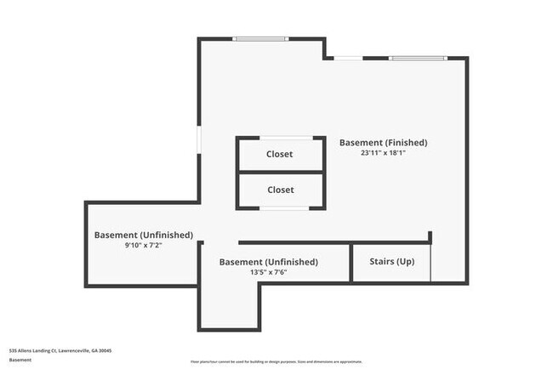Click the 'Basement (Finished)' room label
383,142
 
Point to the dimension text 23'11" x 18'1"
383,154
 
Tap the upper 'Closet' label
280,154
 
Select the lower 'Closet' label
280,190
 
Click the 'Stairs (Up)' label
392,261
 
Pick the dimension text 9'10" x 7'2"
143,246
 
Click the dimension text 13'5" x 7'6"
268,273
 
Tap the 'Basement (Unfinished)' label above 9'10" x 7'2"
143,235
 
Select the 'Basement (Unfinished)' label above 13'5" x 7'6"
268,262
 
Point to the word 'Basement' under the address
21,360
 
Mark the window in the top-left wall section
260,38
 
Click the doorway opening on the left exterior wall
200,140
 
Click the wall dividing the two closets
280,172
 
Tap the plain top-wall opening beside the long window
349,58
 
